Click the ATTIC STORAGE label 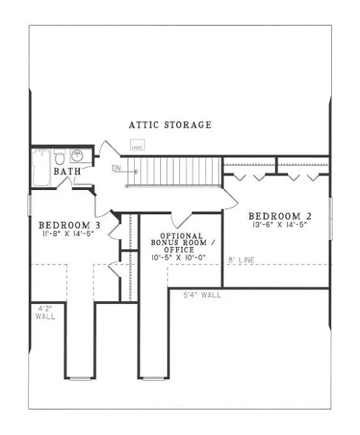pos(170,124)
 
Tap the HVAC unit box pos(137,147)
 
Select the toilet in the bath pos(59,158)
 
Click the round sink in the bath pos(77,156)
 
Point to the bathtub pos(39,166)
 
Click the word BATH pos(67,172)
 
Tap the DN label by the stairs pos(117,168)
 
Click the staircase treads pos(177,171)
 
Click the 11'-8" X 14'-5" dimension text pos(67,233)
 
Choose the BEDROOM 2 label pos(275,216)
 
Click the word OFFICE pos(183,250)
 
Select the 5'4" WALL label pos(202,295)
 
